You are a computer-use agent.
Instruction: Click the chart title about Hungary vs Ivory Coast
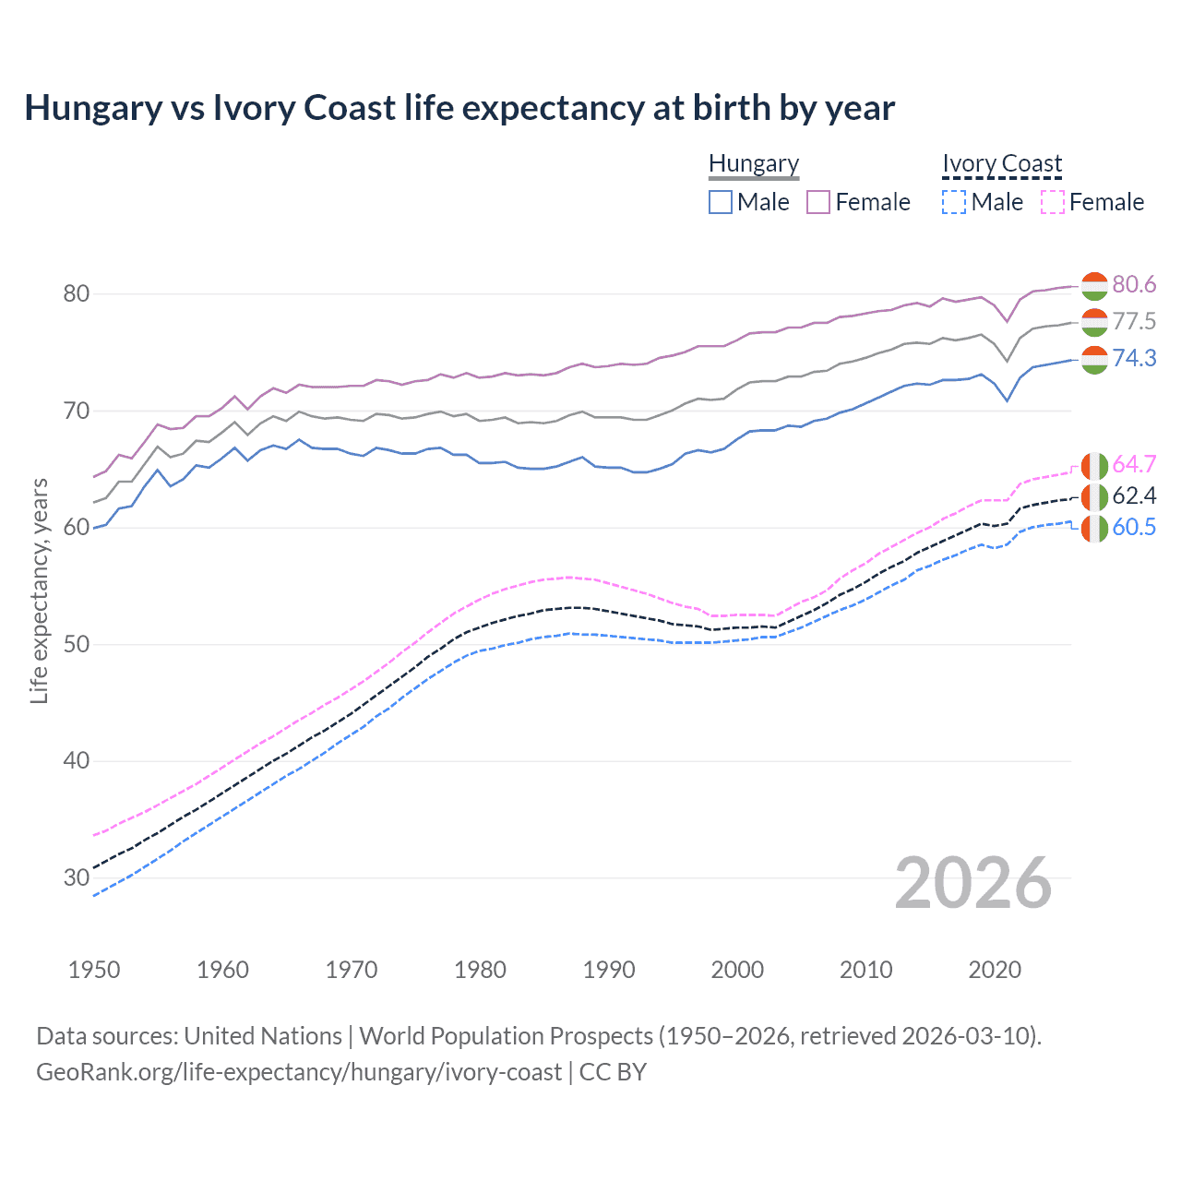[x=459, y=108]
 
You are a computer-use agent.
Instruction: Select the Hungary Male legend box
[x=721, y=202]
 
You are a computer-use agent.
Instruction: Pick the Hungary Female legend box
[x=818, y=202]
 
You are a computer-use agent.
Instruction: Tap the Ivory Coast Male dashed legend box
[x=954, y=202]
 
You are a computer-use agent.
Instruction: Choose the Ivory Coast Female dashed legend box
[x=1053, y=202]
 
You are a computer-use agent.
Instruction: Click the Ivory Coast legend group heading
[x=1002, y=163]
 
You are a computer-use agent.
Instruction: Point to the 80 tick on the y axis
[x=76, y=294]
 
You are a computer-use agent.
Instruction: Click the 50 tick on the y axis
[x=76, y=644]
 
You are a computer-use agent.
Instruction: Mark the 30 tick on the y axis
[x=76, y=877]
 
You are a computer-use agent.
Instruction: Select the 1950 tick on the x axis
[x=94, y=970]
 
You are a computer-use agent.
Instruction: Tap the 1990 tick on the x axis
[x=609, y=970]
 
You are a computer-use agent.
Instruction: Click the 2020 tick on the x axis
[x=995, y=970]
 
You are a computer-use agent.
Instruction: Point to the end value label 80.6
[x=1134, y=285]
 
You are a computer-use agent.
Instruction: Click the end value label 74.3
[x=1134, y=358]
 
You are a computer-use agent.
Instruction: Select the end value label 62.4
[x=1134, y=496]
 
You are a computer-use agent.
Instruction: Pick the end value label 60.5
[x=1134, y=528]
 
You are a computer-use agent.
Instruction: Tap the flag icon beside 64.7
[x=1094, y=465]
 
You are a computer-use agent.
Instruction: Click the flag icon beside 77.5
[x=1094, y=322]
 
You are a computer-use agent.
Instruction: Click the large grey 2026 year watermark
[x=973, y=883]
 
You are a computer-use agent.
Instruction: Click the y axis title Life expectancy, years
[x=40, y=590]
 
